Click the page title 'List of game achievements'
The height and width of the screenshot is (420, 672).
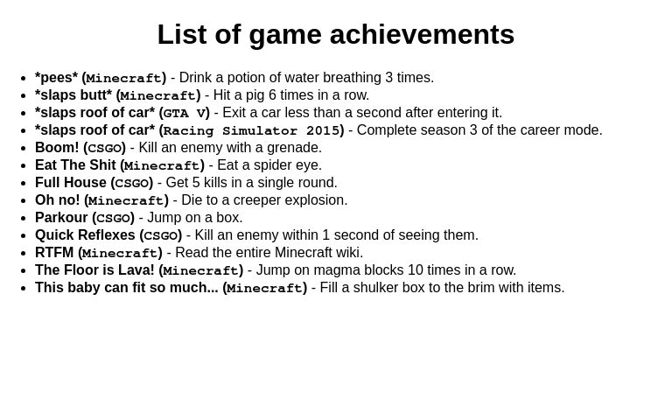click(336, 35)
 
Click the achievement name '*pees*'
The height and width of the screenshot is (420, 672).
click(56, 78)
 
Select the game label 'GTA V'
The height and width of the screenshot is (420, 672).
click(184, 113)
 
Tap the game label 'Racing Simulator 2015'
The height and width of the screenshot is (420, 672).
click(251, 130)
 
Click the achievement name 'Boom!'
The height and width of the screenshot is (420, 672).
click(57, 148)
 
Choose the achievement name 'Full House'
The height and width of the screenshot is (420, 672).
click(71, 183)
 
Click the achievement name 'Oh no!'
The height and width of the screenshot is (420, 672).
click(58, 200)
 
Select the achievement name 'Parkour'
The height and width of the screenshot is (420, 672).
click(61, 218)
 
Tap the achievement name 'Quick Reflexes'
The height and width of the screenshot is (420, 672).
click(85, 235)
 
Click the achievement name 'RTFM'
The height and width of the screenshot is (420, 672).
click(54, 253)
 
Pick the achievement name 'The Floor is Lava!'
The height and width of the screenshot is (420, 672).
click(94, 270)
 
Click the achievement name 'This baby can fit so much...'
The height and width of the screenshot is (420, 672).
click(127, 288)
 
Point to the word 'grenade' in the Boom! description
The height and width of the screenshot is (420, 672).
click(292, 148)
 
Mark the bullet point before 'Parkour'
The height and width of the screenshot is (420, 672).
click(24, 218)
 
